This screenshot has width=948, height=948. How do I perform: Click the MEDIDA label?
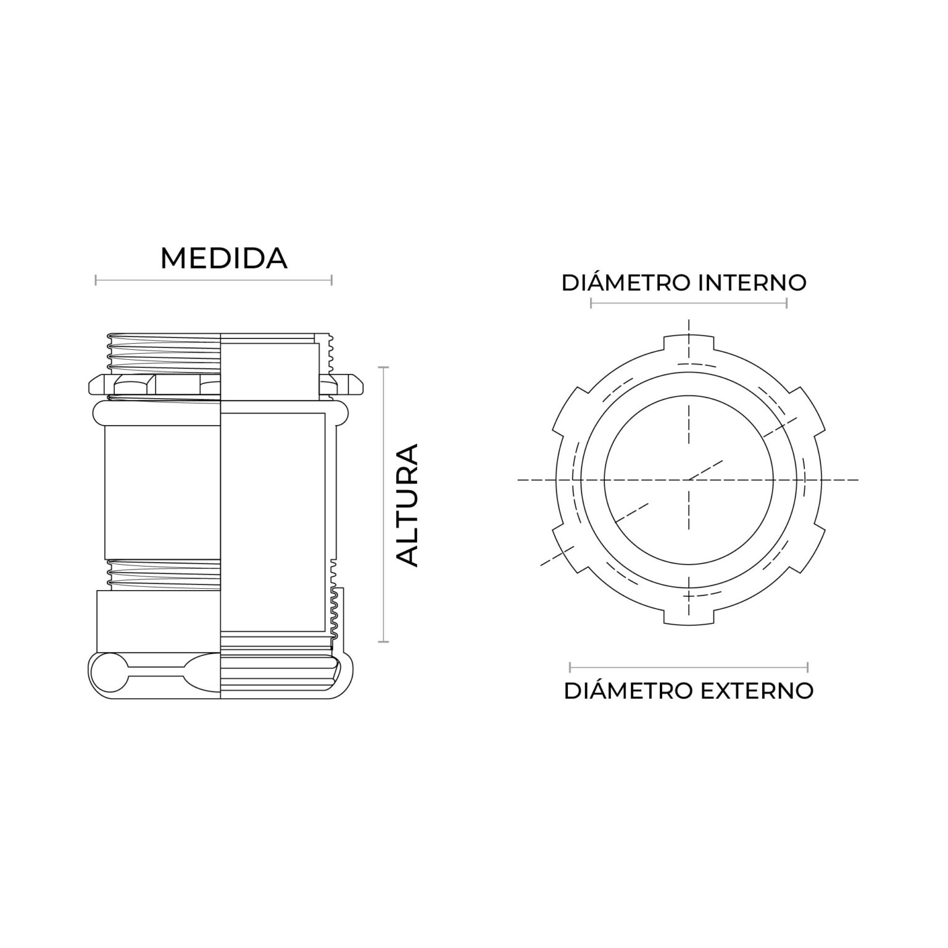point(223,259)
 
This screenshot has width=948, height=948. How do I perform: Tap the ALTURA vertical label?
point(407,504)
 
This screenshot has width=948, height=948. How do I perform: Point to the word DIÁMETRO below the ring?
point(628,691)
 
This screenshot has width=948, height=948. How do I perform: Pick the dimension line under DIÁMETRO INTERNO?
point(688,303)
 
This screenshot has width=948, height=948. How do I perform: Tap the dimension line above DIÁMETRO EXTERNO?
point(688,667)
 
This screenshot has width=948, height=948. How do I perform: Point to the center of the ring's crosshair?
point(689,480)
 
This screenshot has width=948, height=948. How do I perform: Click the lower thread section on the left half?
point(164,574)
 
